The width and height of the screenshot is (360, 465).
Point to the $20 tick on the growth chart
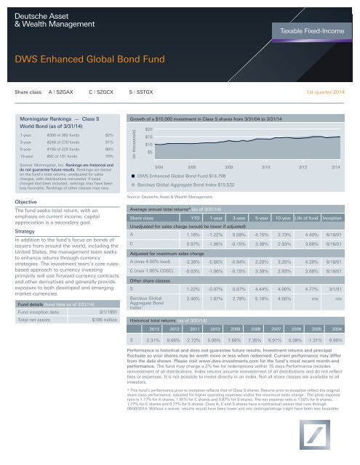(146, 128)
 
